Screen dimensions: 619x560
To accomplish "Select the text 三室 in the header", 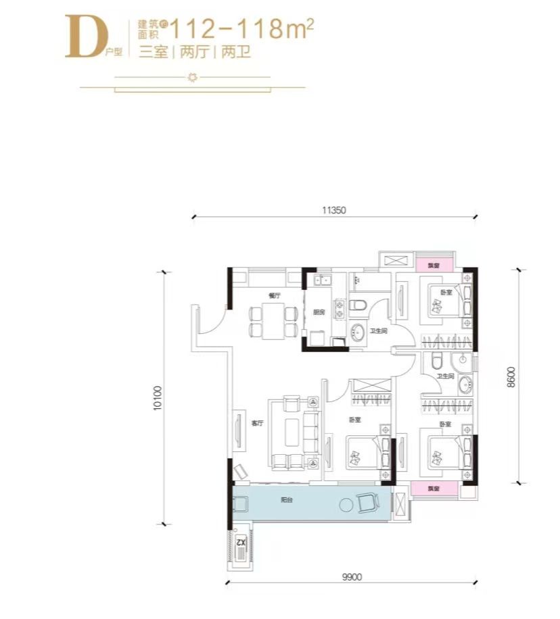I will point(153,53).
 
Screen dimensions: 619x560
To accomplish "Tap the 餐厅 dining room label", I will point(274,295).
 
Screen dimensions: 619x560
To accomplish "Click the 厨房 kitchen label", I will point(319,312).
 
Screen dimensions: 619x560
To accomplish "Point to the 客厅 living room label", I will point(257,424).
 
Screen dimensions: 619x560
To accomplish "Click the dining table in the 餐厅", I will point(274,321).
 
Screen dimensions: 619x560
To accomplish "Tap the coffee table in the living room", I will point(293,432).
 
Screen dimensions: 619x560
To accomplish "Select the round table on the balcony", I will point(348,504).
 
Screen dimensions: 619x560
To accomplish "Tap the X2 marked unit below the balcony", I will point(239,541).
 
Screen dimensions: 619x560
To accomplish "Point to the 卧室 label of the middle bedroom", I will point(355,419).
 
